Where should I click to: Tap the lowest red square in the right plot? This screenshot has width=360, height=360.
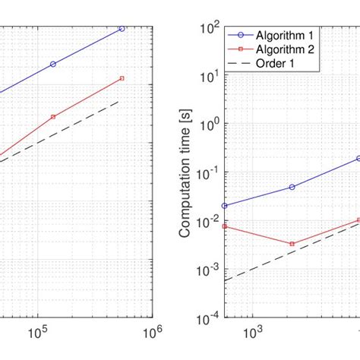click(292, 244)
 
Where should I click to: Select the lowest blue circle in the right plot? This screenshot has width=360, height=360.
click(224, 206)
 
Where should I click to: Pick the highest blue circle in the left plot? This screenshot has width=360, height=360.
click(122, 29)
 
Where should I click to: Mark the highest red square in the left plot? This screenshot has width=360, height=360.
click(122, 78)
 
